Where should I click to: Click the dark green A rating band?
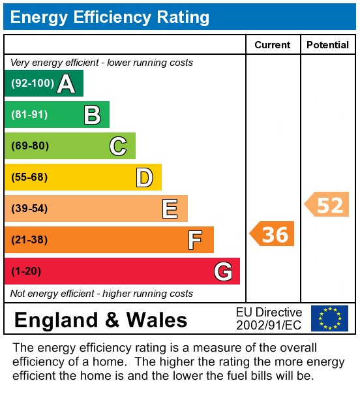coord(44,84)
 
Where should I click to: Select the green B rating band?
coord(57,115)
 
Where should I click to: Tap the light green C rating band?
coord(70,146)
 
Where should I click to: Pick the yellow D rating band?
coord(83,177)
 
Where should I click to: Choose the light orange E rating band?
coord(96,209)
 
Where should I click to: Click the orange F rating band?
coord(109,240)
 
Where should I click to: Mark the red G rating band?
coord(122,271)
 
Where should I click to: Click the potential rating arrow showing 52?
coord(327,204)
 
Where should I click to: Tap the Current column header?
coord(273,45)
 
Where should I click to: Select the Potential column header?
coord(327,45)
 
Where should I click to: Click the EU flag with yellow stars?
coord(329,318)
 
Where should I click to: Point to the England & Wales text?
coord(100,320)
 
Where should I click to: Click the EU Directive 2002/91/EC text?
coord(269,318)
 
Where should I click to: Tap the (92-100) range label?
coord(31,84)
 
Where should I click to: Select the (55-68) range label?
coord(30,177)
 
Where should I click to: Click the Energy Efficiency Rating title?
coord(110,17)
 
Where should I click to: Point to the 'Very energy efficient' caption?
coord(102,63)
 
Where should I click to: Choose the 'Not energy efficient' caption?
coord(102,294)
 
